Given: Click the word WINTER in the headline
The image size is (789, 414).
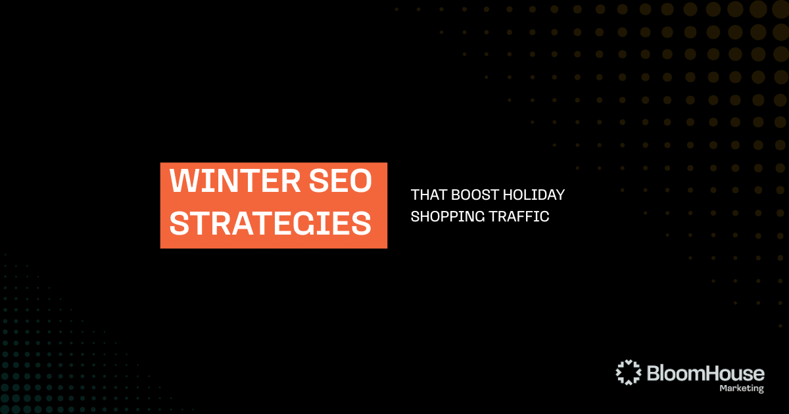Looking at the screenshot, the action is pyautogui.click(x=235, y=181).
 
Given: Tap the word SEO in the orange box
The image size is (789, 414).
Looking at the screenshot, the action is pyautogui.click(x=341, y=181).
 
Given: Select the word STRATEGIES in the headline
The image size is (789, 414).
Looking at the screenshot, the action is pyautogui.click(x=270, y=223).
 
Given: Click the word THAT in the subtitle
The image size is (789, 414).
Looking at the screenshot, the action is pyautogui.click(x=429, y=195).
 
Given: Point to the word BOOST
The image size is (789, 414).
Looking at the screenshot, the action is pyautogui.click(x=475, y=195).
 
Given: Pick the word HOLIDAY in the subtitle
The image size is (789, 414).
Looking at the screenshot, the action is pyautogui.click(x=534, y=195).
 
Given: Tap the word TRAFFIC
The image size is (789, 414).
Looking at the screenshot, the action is pyautogui.click(x=519, y=216).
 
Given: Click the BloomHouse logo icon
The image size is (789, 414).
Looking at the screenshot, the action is pyautogui.click(x=629, y=372).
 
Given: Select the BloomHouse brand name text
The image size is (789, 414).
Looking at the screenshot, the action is pyautogui.click(x=705, y=373).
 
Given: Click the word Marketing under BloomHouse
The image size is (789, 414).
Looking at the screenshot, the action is pyautogui.click(x=742, y=388).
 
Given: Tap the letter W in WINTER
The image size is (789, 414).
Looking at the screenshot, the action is pyautogui.click(x=184, y=181).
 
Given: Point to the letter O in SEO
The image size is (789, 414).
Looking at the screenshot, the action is pyautogui.click(x=361, y=181).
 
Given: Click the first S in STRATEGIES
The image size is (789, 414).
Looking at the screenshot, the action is pyautogui.click(x=179, y=223).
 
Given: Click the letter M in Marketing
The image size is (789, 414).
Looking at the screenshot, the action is pyautogui.click(x=723, y=388).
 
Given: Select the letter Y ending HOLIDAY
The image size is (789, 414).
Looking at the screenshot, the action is pyautogui.click(x=560, y=195).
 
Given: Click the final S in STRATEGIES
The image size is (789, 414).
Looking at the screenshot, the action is pyautogui.click(x=362, y=223).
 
